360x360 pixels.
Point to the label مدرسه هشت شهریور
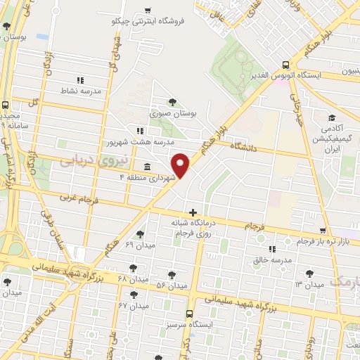pyautogui.click(x=141, y=141)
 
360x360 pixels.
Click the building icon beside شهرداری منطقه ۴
pyautogui.click(x=147, y=167)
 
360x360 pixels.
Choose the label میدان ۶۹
pyautogui.click(x=139, y=244)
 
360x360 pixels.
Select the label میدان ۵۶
pyautogui.click(x=172, y=285)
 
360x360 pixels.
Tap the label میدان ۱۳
pyautogui.click(x=309, y=284)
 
